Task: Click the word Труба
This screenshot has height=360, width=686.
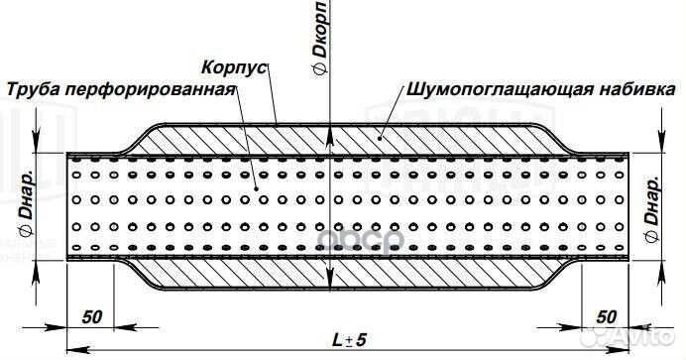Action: coord(34,89)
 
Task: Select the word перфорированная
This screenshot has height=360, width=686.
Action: coord(150,89)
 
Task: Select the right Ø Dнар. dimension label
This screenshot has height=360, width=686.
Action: coord(650,203)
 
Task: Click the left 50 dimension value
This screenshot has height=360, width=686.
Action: coord(92,317)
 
